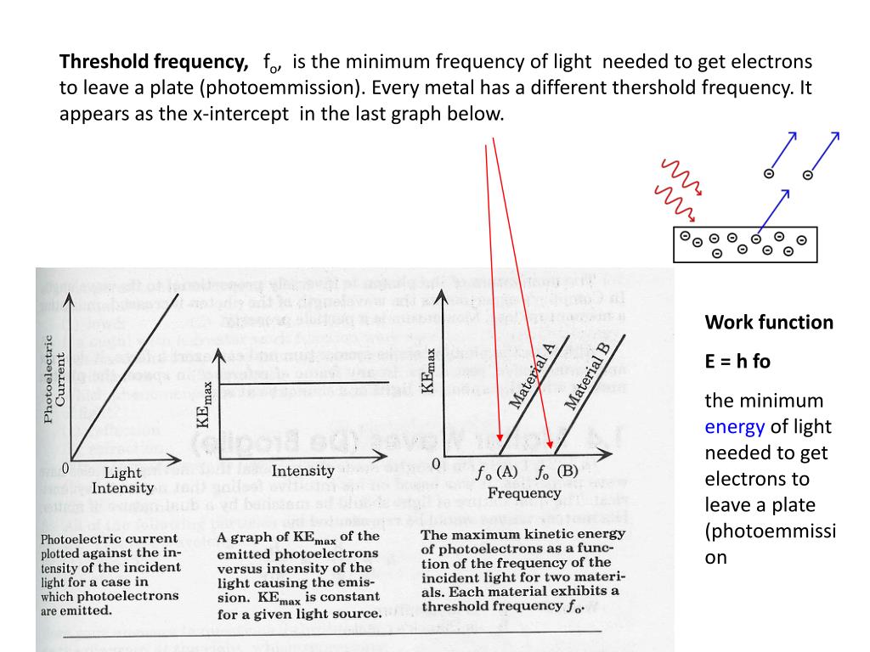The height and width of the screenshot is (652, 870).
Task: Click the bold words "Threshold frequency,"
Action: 154,62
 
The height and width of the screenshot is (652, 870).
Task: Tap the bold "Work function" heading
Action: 769,323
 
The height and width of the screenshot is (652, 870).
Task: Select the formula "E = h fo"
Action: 737,361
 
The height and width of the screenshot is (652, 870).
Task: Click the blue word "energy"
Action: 735,427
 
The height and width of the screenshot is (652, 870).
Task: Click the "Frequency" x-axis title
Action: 523,492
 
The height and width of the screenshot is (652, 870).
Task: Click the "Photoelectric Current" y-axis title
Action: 54,378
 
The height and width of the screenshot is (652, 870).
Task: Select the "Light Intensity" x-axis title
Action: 122,481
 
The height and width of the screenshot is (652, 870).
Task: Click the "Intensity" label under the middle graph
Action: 302,470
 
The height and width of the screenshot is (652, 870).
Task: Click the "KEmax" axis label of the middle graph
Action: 204,404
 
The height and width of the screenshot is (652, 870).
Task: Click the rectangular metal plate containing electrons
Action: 744,244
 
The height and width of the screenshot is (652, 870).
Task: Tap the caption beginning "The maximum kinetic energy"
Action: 523,570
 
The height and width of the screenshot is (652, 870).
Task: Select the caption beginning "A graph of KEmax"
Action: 299,575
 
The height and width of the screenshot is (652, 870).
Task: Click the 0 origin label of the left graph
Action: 65,469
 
